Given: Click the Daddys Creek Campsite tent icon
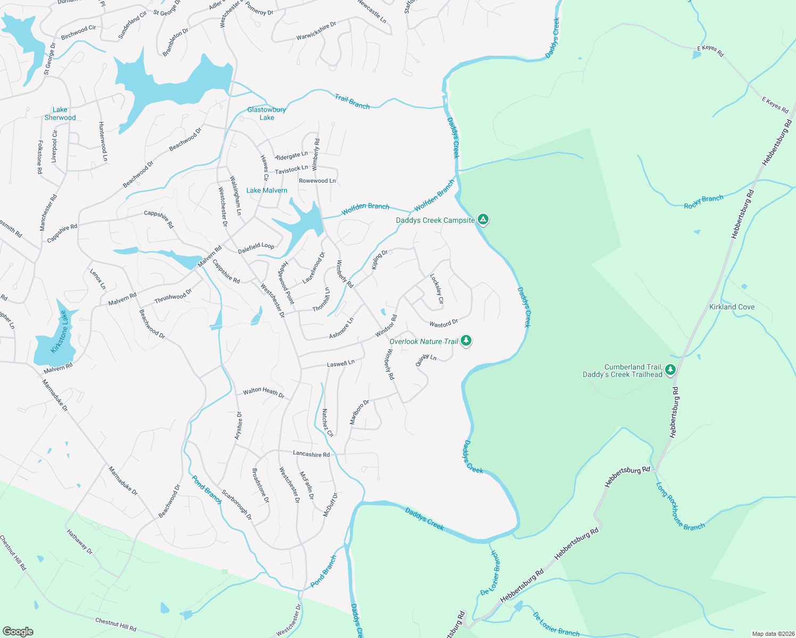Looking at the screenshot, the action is tap(483, 219).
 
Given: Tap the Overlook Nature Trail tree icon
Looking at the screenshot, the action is tap(466, 340).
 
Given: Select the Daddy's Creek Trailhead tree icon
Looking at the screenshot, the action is tap(670, 369).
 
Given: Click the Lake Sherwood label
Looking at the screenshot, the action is tap(60, 114).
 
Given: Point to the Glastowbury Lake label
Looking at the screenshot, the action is tap(267, 114).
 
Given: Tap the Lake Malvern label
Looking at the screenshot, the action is tap(267, 190).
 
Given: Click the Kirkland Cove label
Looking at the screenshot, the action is tap(732, 307).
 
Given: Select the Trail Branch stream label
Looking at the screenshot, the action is tap(352, 102).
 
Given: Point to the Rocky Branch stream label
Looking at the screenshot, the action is tap(703, 202).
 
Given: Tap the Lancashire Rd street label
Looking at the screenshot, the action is tap(311, 454).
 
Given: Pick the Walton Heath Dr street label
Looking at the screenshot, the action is tap(264, 393).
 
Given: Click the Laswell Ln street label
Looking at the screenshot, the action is tap(341, 364).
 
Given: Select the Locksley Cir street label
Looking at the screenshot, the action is tap(437, 289).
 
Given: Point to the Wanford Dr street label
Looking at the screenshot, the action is tap(444, 323).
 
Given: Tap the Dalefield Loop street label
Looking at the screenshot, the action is tap(256, 247).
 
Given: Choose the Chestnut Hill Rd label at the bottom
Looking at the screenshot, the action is tap(115, 625).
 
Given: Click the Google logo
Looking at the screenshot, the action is tap(18, 632).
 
